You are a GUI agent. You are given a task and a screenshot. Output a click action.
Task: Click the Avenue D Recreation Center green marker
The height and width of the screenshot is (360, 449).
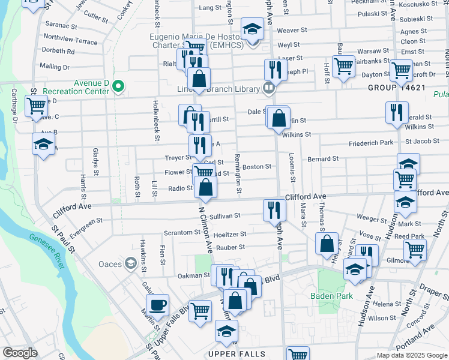tap(118, 87)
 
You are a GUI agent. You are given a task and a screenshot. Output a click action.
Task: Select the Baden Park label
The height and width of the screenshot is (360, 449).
tap(327, 295)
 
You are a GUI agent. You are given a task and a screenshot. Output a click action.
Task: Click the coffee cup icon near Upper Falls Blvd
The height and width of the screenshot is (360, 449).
tap(158, 305)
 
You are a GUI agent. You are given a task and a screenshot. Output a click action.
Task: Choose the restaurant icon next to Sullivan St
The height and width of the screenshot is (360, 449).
tap(273, 210)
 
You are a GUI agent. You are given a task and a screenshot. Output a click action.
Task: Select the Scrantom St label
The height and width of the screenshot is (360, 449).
tap(184, 233)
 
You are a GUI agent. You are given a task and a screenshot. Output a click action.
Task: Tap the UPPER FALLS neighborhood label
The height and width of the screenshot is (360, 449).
tap(237, 354)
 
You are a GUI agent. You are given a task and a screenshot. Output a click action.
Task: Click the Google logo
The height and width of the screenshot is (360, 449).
tap(20, 353)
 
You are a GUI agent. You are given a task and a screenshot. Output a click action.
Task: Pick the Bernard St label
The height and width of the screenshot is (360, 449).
tap(323, 159)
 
